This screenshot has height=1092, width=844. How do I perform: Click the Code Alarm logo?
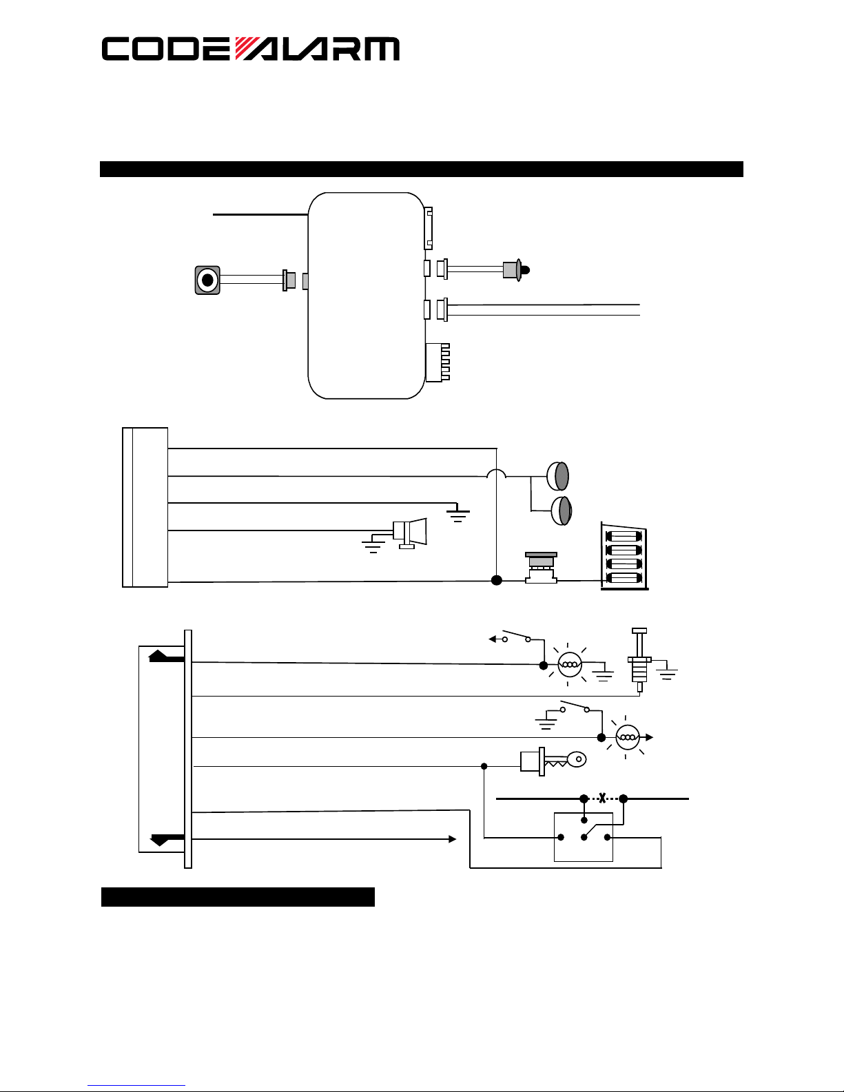pos(251,49)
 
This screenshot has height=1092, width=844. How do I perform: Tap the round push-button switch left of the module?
pos(207,280)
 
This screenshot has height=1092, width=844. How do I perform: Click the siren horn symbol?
pos(409,533)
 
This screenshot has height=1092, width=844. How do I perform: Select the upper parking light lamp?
pos(558,476)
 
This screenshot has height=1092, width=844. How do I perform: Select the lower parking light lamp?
pos(562,511)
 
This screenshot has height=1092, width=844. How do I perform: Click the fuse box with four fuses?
pos(624,556)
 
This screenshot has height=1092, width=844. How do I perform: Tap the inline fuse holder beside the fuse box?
pos(541,568)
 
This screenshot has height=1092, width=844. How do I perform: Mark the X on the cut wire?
pos(602,798)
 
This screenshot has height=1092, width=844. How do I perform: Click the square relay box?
pos(584,836)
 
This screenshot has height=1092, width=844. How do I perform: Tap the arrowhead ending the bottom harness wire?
pos(452,839)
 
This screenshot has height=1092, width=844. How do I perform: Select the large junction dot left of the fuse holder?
pos(496,580)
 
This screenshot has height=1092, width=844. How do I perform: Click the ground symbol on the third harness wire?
pos(457,513)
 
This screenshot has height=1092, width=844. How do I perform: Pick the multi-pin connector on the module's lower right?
pos(438,363)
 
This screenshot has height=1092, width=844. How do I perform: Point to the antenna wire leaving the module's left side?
pos(260,214)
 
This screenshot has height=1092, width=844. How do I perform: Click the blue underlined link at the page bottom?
pos(136,1085)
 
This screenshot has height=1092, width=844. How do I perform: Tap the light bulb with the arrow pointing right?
pos(628,737)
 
